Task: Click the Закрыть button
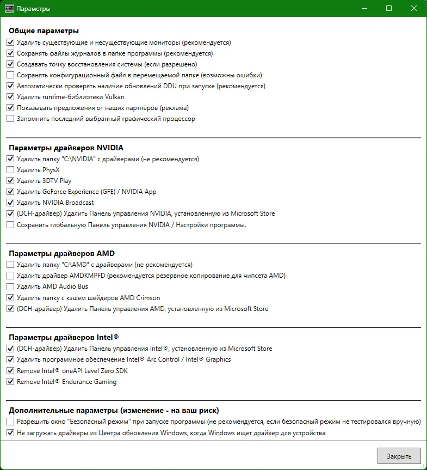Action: tap(399, 456)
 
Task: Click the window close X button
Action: tap(414, 9)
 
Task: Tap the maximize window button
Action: tap(389, 9)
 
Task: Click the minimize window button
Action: tap(363, 9)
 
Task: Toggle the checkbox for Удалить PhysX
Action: tap(10, 170)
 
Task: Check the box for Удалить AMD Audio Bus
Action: tap(10, 286)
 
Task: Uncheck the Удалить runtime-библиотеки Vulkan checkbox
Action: tap(10, 97)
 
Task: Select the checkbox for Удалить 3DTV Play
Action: tap(10, 181)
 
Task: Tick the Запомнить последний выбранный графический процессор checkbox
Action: tap(10, 119)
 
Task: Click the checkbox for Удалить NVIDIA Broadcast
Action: tap(10, 203)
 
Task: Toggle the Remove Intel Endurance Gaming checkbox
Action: tap(10, 382)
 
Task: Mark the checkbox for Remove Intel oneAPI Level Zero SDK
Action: tap(10, 371)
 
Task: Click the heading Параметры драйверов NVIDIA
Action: tap(66, 148)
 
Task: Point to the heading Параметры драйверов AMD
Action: tap(61, 253)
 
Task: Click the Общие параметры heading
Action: tap(44, 30)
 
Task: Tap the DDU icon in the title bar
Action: tap(9, 9)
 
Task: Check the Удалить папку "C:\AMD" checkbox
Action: tap(10, 265)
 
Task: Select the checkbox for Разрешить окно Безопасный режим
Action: tap(10, 422)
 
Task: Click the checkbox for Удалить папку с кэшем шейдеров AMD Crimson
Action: tap(10, 298)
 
